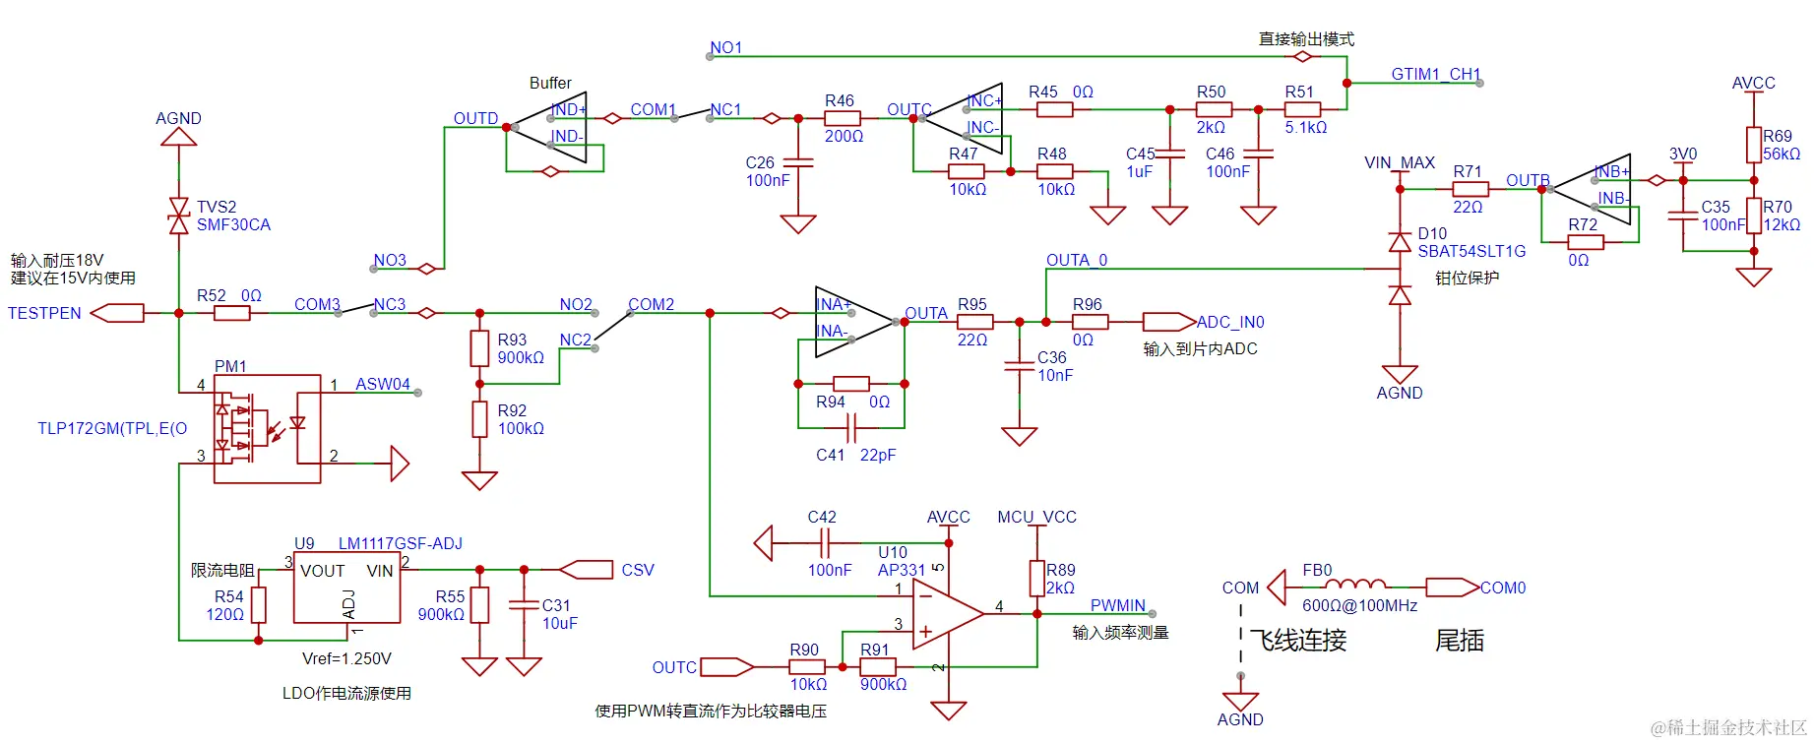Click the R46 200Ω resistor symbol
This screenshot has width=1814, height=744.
(842, 118)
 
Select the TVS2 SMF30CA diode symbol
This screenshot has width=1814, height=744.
(178, 216)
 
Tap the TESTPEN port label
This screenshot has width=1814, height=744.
(44, 313)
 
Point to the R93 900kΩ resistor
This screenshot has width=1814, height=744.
(479, 347)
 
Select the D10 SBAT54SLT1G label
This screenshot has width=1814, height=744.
(1470, 242)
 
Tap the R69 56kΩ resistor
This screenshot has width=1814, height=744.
(1753, 145)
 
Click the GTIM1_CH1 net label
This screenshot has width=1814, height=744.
(1434, 74)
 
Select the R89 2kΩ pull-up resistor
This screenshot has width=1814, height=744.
(1036, 579)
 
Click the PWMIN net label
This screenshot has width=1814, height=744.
(1117, 605)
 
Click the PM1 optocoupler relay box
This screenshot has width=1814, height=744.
(267, 428)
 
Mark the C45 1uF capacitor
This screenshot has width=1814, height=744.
(1169, 154)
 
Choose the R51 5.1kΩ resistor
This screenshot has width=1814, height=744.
(1301, 109)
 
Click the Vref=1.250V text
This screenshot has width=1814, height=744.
(346, 658)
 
